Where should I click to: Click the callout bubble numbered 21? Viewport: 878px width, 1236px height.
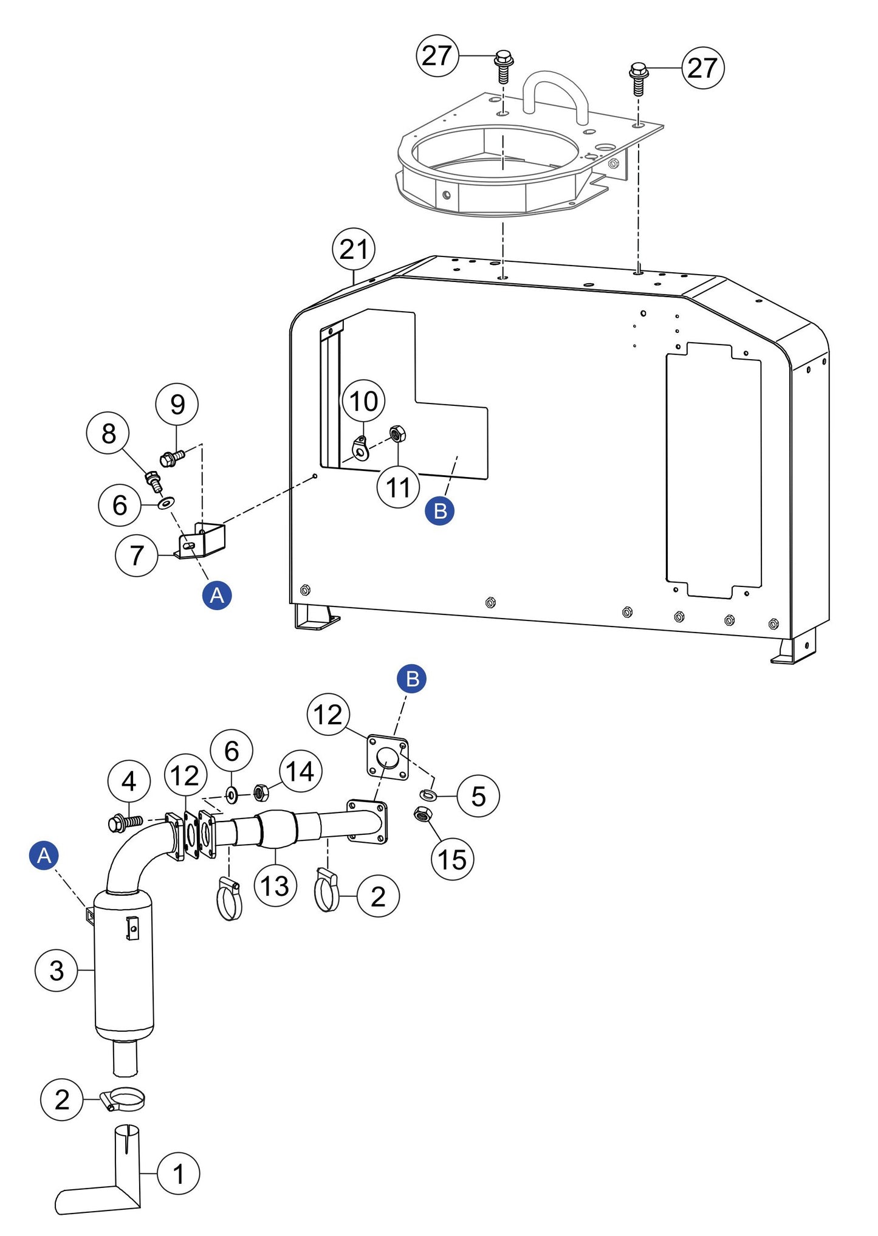pos(354,249)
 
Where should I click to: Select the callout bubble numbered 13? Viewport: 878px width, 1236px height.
pos(275,885)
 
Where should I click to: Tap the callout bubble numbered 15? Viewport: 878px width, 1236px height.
pos(452,859)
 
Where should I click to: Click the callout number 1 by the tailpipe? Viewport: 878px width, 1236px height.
pos(178,1173)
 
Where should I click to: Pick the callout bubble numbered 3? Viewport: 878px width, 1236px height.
pos(56,970)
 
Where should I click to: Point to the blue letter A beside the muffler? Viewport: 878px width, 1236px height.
pos(44,856)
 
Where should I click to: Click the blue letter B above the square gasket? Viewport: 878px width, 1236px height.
pos(412,679)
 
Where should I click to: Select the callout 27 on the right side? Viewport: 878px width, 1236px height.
pos(703,67)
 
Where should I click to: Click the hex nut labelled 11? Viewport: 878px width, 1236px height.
pos(397,434)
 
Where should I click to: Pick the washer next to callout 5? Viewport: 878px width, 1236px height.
pos(428,794)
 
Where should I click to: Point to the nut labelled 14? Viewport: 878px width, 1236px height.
pos(261,792)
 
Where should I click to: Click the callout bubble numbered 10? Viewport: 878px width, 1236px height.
pos(363,401)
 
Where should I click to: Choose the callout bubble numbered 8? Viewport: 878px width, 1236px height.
pos(108,433)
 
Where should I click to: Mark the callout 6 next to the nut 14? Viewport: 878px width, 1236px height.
pos(232,751)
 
